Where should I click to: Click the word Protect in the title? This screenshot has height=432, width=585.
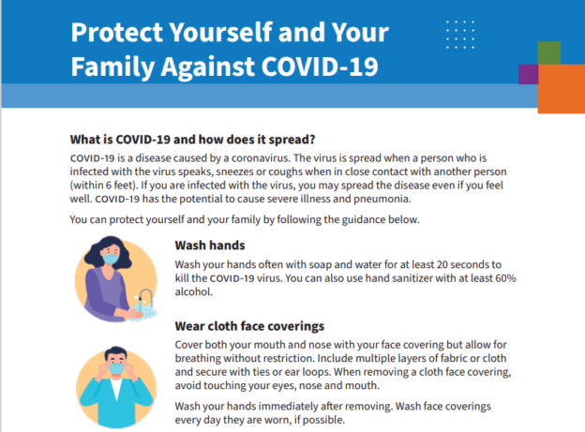click(x=117, y=33)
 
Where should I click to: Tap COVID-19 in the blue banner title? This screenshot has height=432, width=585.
click(x=320, y=67)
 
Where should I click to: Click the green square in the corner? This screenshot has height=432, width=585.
click(x=549, y=53)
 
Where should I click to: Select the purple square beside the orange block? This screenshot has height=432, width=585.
click(x=529, y=74)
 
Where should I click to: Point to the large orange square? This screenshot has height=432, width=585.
click(x=562, y=89)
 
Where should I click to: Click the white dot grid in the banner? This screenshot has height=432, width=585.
click(x=460, y=35)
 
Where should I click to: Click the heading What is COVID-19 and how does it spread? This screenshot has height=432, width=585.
click(x=192, y=140)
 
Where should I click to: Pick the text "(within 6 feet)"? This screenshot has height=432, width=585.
click(x=103, y=186)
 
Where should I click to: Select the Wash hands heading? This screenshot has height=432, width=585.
click(x=210, y=246)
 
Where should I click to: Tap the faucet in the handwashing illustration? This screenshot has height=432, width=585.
click(x=146, y=297)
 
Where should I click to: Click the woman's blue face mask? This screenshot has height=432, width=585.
click(x=111, y=259)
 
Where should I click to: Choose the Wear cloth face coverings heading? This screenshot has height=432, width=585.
click(x=249, y=326)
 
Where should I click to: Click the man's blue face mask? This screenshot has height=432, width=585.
click(x=116, y=368)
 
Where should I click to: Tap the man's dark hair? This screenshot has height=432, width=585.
click(x=115, y=353)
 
